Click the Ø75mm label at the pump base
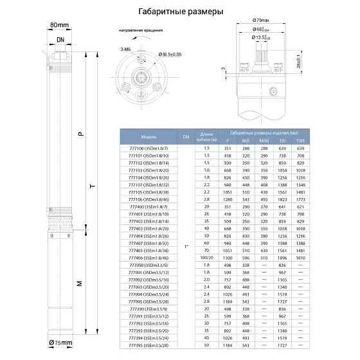coord(59,343)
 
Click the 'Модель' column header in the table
coord(148,137)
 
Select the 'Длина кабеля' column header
coord(206,136)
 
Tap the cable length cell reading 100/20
coord(206,256)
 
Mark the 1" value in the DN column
coord(186,246)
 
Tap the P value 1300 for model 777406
coord(227,256)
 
